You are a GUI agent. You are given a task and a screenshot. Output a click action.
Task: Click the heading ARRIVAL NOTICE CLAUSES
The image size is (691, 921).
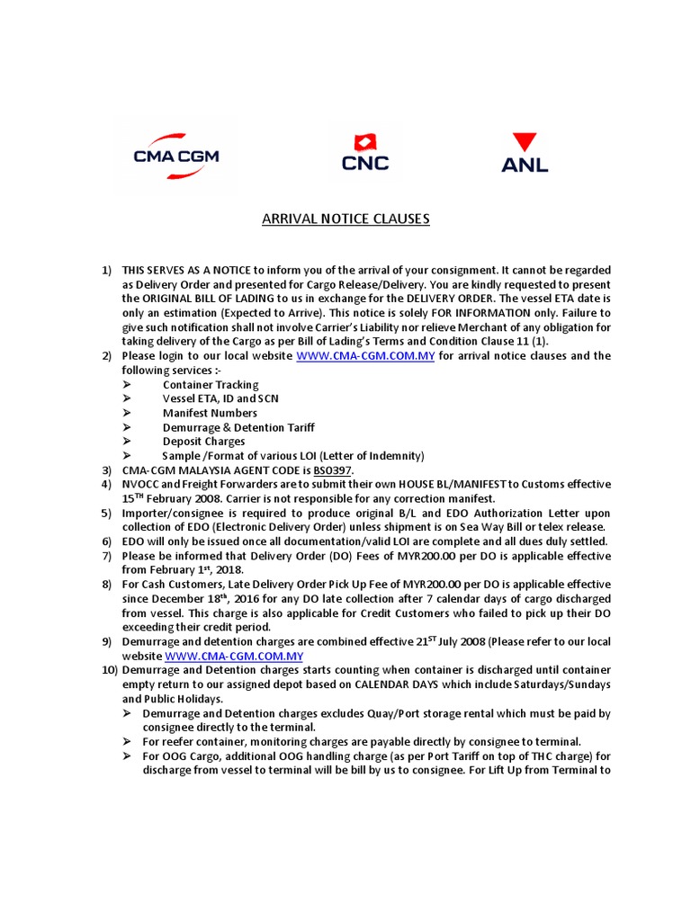pos(345,219)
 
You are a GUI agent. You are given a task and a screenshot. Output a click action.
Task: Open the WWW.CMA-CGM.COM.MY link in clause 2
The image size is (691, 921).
pos(365,356)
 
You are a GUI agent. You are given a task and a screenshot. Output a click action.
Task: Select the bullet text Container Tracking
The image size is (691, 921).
pos(211,385)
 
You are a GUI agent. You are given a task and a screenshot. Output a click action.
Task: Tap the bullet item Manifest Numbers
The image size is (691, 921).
pos(210,414)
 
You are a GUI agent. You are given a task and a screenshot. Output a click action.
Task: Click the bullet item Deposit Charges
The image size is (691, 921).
pos(203,442)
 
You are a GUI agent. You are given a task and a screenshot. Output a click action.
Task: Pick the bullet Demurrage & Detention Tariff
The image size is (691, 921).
pos(238,427)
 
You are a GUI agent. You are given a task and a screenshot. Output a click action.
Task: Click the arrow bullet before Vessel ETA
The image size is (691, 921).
pos(127,399)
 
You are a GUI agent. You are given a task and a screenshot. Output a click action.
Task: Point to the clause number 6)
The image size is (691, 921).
pos(106,541)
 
